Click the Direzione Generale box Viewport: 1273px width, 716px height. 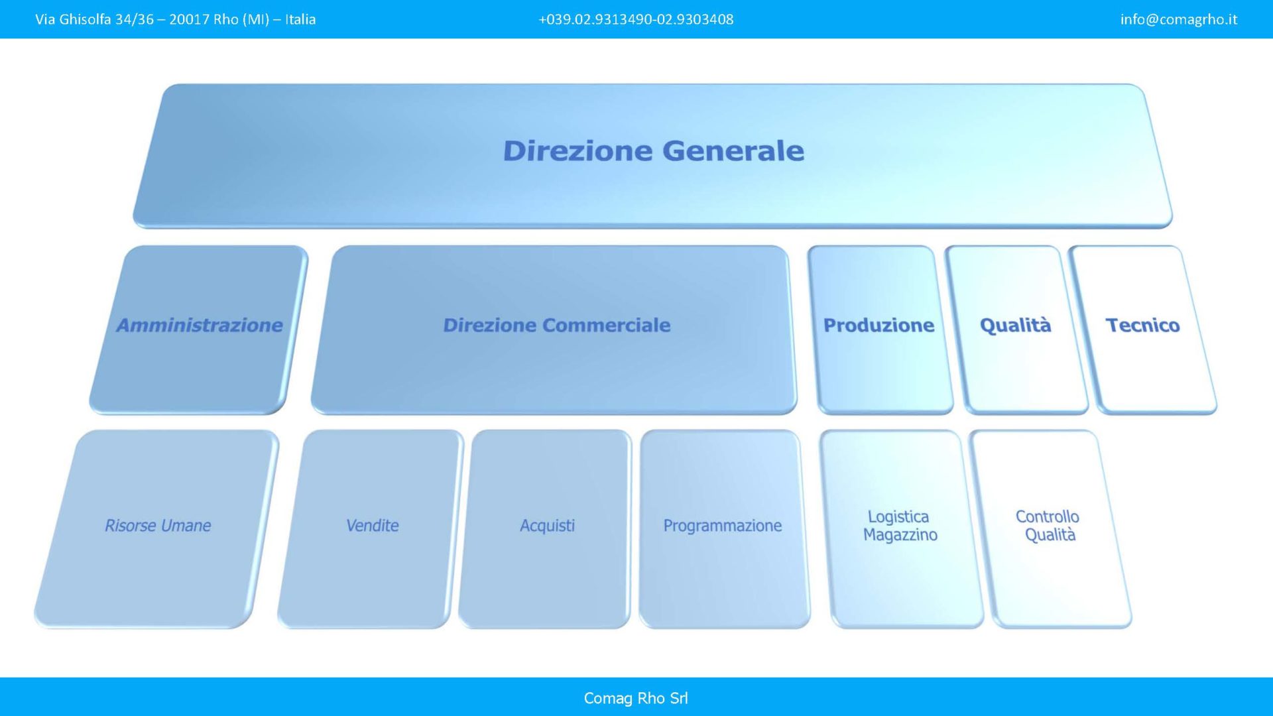[x=652, y=156]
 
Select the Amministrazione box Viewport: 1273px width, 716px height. [x=199, y=330]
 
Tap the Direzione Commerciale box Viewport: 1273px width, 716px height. [x=554, y=330]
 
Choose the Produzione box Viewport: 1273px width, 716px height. [x=880, y=330]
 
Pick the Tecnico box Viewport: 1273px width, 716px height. [x=1142, y=330]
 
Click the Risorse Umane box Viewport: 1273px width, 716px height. [x=156, y=529]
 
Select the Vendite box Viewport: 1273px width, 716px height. [x=371, y=529]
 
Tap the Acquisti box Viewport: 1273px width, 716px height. [x=545, y=529]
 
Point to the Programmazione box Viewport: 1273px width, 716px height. [x=724, y=529]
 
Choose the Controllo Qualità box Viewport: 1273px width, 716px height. [x=1051, y=529]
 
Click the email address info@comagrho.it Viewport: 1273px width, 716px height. [x=1179, y=19]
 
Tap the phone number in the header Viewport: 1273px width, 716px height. [x=636, y=19]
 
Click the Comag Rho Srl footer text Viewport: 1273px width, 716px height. [x=636, y=698]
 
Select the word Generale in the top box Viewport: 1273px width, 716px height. [x=733, y=150]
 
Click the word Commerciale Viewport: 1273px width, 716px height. [x=606, y=325]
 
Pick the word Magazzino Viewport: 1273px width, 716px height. [x=900, y=535]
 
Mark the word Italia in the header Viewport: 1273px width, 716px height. [x=300, y=19]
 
